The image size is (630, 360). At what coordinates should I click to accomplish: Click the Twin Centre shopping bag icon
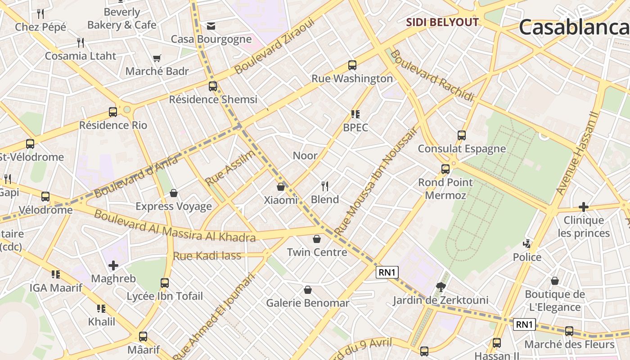(317, 238)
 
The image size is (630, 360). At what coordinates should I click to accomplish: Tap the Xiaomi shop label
(281, 200)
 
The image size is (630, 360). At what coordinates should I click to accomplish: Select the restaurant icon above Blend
(325, 185)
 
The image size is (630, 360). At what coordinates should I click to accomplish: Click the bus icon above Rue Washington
(352, 65)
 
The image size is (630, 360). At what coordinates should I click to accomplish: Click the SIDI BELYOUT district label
(442, 22)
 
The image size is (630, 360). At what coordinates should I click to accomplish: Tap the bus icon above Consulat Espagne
(461, 135)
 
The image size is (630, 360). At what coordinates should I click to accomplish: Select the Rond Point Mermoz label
(445, 189)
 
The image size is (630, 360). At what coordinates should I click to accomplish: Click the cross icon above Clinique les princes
(584, 207)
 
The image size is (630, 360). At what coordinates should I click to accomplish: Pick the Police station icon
(527, 244)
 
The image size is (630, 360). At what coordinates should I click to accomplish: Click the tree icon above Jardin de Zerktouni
(441, 287)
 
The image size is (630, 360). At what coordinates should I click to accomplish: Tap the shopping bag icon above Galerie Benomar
(308, 289)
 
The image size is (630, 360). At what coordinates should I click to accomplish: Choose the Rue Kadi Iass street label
(207, 256)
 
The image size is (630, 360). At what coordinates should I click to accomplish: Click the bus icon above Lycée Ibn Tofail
(165, 283)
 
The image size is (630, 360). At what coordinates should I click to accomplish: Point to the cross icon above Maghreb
(113, 265)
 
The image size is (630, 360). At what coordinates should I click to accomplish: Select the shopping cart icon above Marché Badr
(157, 58)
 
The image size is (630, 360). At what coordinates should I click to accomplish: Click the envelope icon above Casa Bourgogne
(211, 26)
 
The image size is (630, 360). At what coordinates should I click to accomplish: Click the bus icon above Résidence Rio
(113, 112)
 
